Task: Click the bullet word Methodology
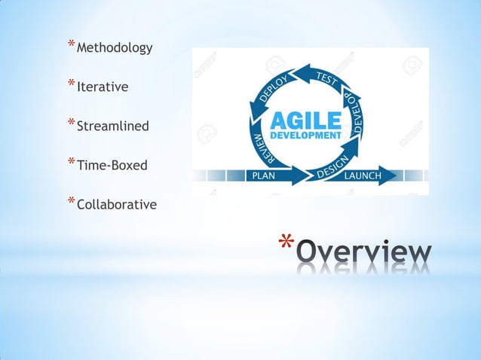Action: (115, 48)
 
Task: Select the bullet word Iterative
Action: (103, 87)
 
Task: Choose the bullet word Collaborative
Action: (117, 204)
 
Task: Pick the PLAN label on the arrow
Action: (264, 175)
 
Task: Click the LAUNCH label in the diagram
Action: (362, 175)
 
